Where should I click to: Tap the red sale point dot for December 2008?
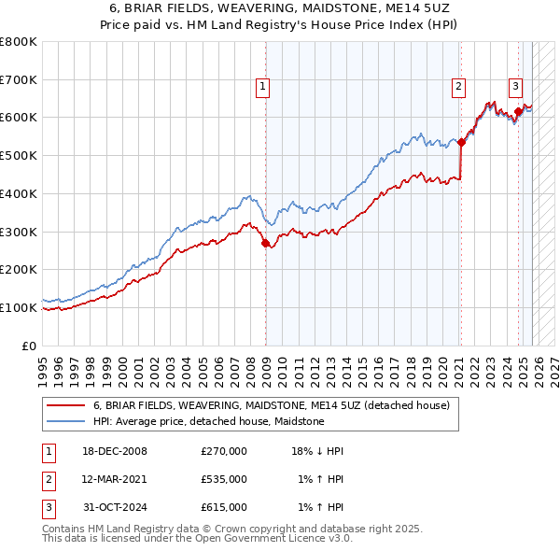click(x=266, y=243)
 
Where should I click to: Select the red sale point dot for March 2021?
click(x=461, y=142)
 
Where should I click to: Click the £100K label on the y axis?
click(x=19, y=307)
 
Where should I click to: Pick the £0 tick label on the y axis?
click(x=30, y=346)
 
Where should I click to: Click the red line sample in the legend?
click(x=66, y=405)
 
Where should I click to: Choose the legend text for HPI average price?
click(x=208, y=421)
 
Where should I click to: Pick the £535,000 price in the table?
click(x=224, y=479)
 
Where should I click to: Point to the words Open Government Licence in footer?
click(x=275, y=539)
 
